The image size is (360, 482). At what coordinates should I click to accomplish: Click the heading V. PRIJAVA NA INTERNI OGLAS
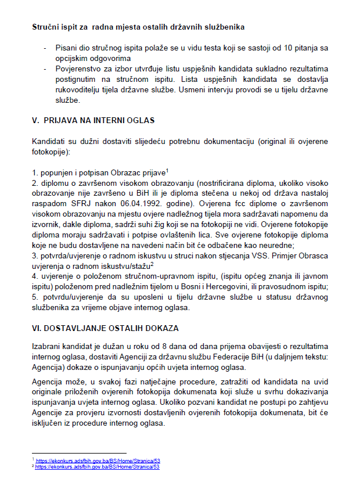pyautogui.click(x=93, y=120)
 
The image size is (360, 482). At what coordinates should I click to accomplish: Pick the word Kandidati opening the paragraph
pyautogui.click(x=51, y=142)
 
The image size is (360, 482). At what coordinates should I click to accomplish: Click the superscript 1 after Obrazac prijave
pyautogui.click(x=167, y=170)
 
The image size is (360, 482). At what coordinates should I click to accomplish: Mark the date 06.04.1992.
pyautogui.click(x=138, y=204)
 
